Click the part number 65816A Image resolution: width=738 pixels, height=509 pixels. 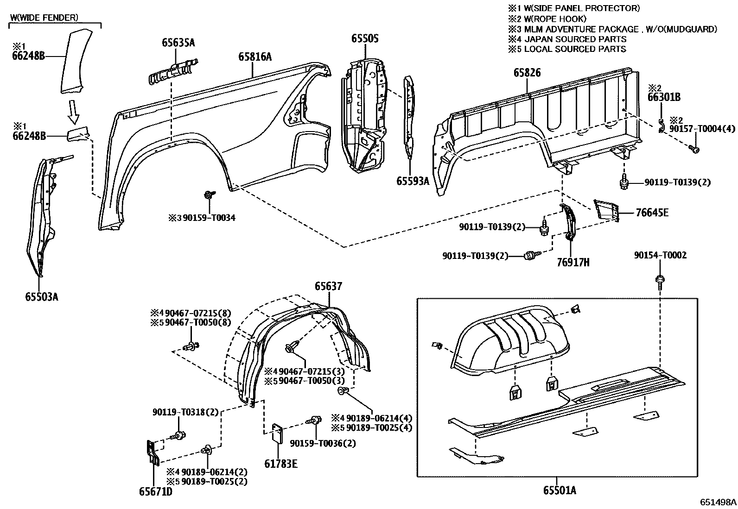(254, 57)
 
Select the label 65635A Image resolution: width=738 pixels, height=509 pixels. (178, 43)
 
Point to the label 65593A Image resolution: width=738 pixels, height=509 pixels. (413, 181)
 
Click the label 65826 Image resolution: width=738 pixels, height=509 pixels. (527, 73)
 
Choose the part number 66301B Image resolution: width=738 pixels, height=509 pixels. (664, 97)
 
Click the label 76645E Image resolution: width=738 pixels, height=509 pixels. (652, 213)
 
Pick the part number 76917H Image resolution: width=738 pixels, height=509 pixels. (573, 262)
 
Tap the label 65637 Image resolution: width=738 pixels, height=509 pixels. (328, 286)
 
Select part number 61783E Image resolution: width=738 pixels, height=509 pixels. (281, 463)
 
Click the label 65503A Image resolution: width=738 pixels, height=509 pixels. (42, 296)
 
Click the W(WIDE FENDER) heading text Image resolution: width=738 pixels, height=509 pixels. (44, 18)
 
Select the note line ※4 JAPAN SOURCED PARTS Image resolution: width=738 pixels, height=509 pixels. (567, 39)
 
